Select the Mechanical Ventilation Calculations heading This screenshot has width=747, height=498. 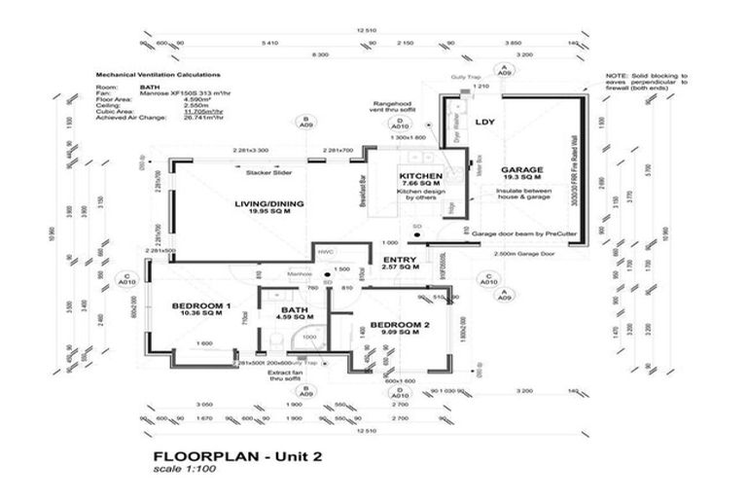tap(158, 74)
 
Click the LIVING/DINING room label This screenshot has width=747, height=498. tap(269, 203)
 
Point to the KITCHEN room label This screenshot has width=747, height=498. tap(421, 176)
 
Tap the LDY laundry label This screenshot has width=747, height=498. tap(483, 123)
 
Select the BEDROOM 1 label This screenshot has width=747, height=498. tap(200, 305)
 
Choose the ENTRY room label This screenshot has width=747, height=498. tap(400, 259)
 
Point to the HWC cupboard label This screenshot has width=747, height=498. tap(325, 250)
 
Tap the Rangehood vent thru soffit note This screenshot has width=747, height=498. tap(396, 107)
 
